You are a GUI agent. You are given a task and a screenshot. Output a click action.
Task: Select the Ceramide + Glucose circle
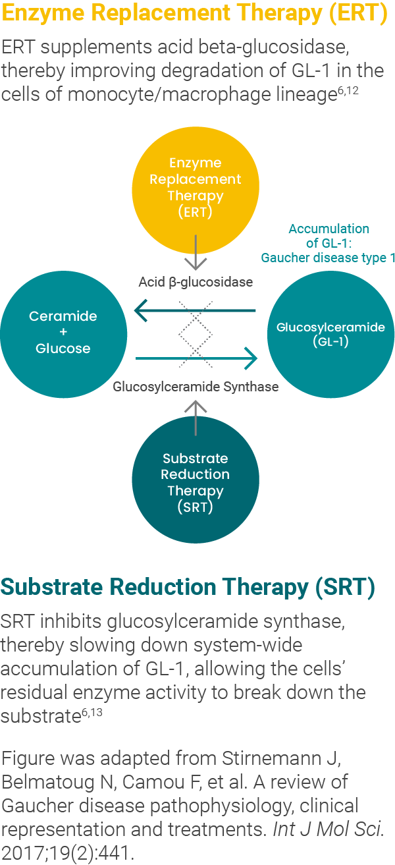[63, 333]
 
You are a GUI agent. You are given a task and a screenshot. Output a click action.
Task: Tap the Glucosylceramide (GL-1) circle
[330, 335]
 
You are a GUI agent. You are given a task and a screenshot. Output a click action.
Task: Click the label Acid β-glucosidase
[196, 282]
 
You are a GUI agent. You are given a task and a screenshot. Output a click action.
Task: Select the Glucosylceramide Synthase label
[196, 387]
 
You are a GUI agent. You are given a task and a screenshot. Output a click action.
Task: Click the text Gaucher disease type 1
[328, 258]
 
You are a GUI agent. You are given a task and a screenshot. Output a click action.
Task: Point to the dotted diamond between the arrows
[196, 335]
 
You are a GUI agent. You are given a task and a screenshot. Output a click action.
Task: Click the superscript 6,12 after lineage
[347, 91]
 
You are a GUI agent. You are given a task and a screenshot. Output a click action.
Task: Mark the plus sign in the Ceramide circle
[63, 333]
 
